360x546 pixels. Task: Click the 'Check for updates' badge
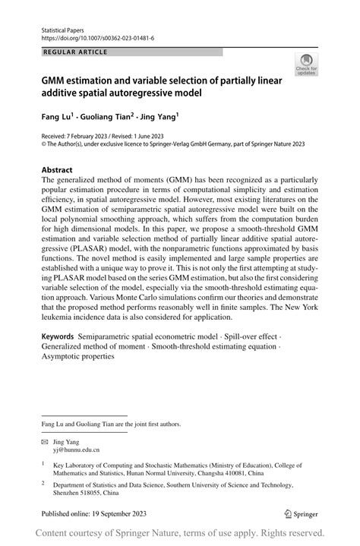pos(308,65)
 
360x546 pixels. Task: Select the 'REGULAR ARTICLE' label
pos(76,52)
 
